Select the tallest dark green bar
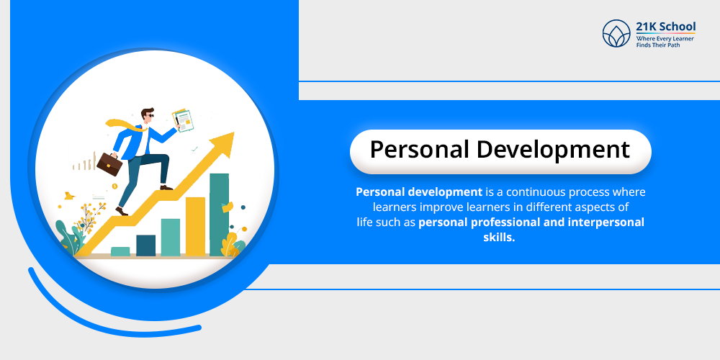click(219, 215)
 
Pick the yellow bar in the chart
click(195, 227)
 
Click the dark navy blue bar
click(146, 246)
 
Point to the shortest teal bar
click(120, 251)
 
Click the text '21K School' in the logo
click(666, 27)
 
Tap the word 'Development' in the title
click(553, 149)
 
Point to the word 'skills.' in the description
click(500, 236)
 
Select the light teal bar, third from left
click(171, 238)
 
